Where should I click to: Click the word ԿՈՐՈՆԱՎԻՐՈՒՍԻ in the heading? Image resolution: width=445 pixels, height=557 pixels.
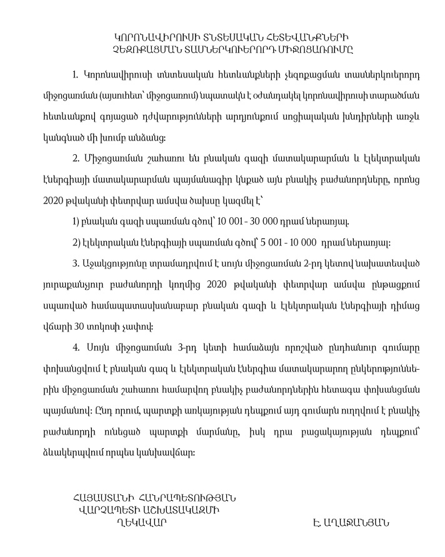147,36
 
